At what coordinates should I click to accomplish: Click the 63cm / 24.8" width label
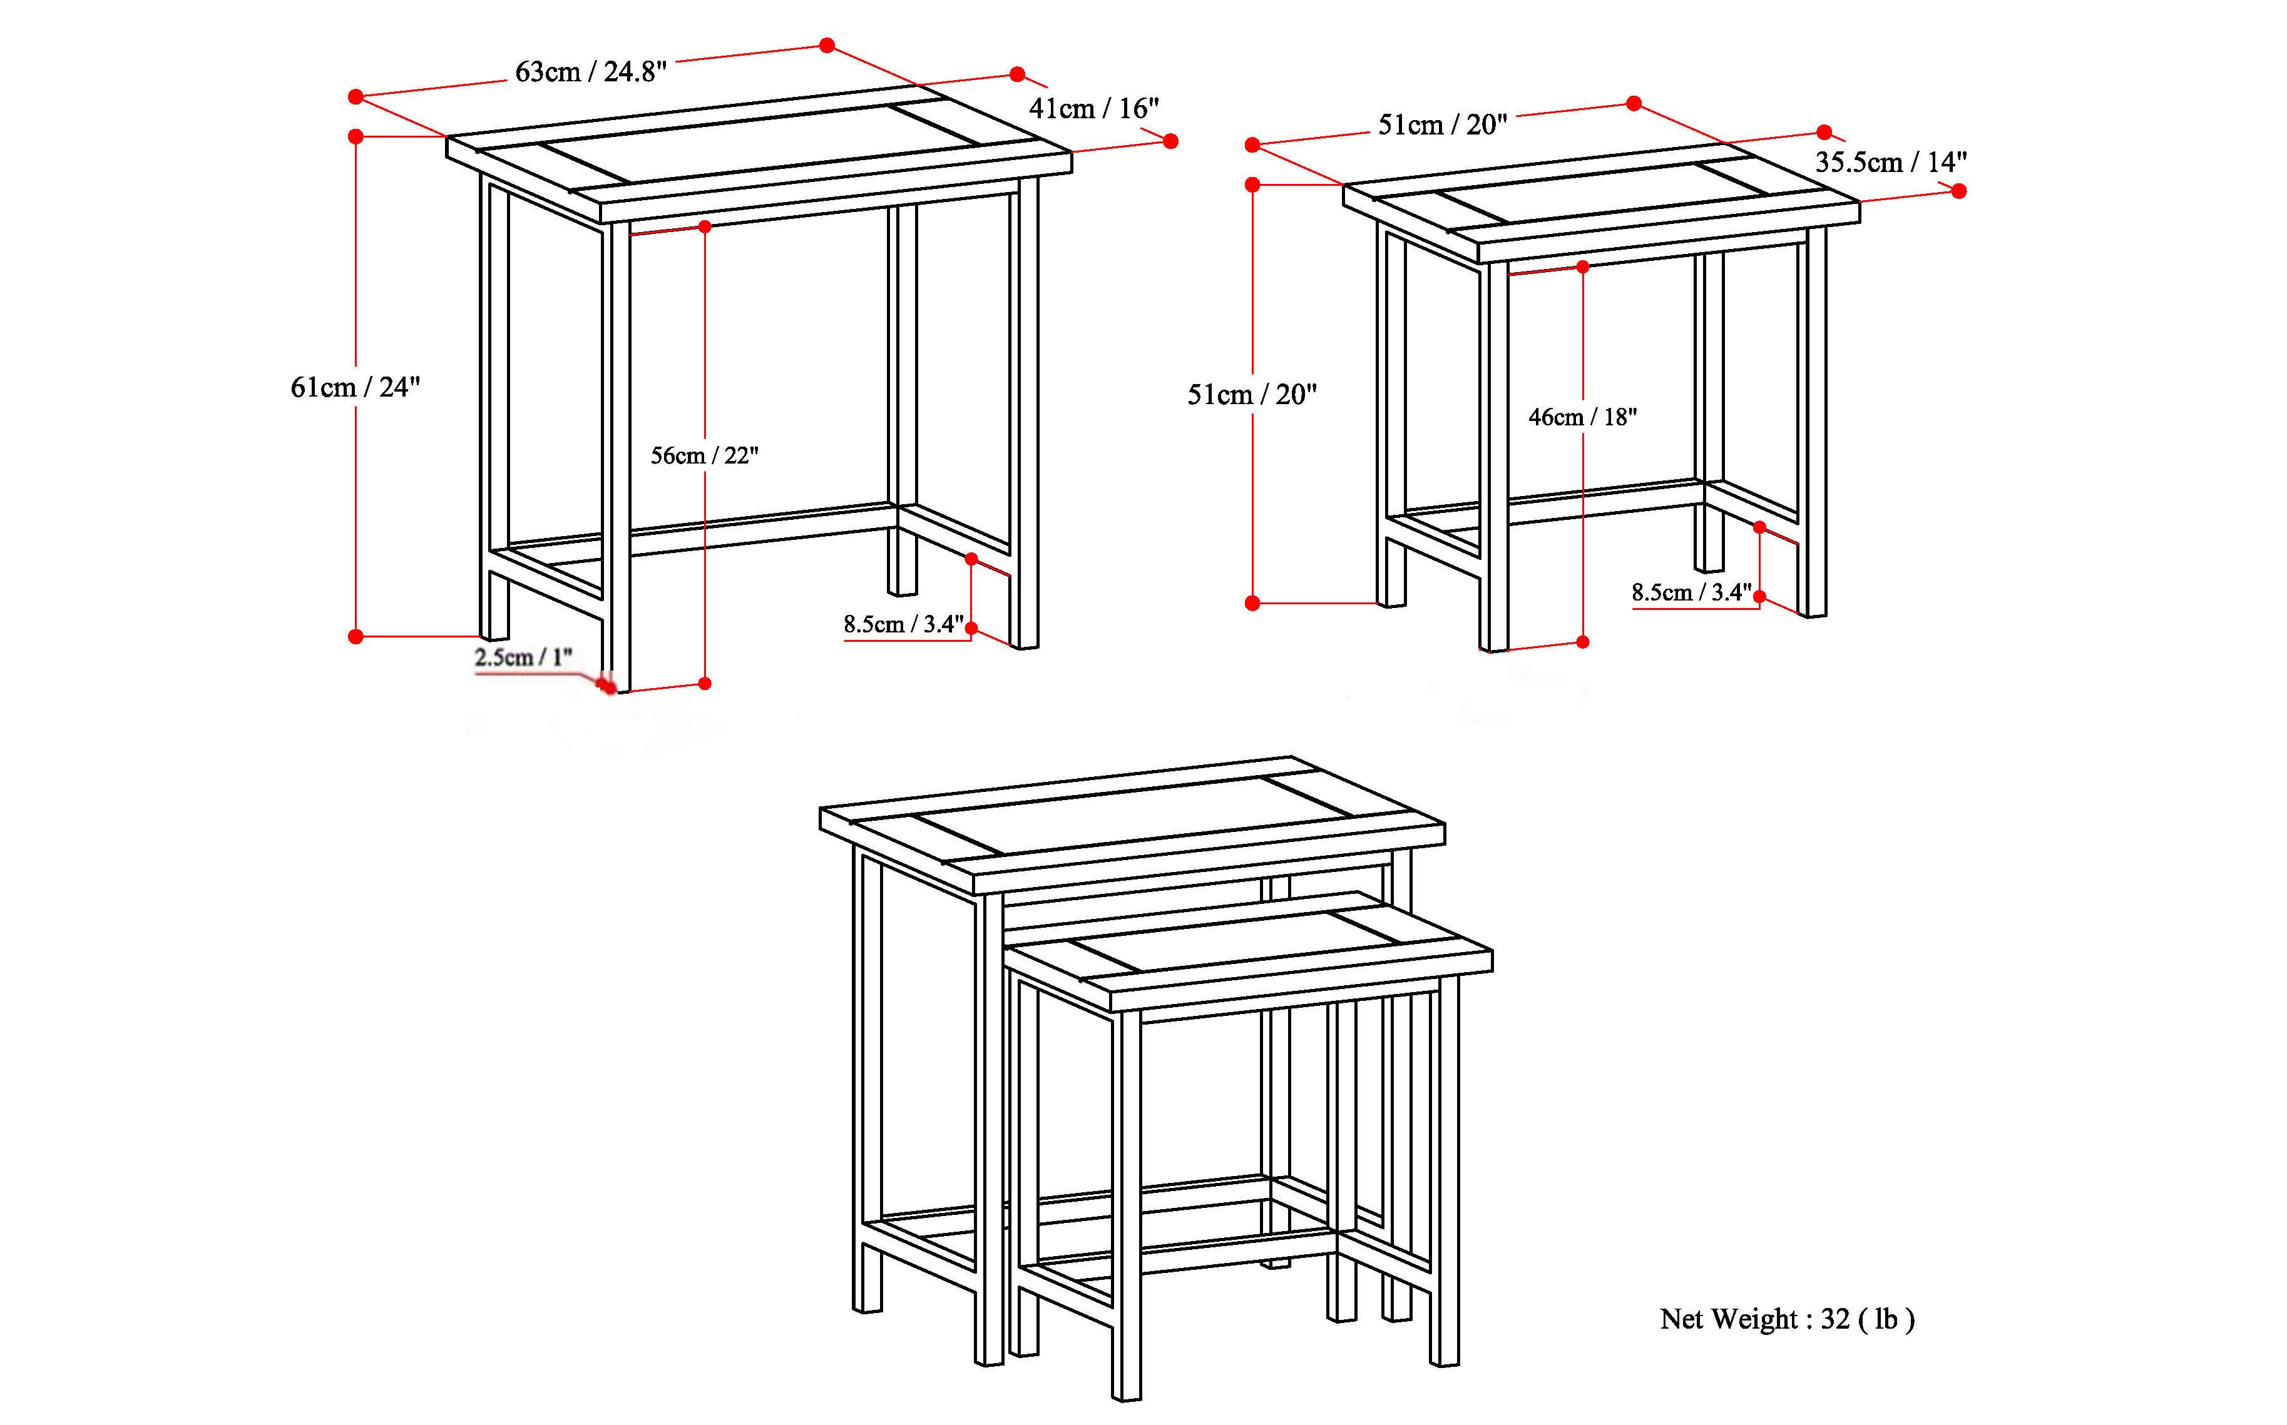click(x=591, y=72)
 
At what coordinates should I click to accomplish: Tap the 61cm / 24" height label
click(x=356, y=387)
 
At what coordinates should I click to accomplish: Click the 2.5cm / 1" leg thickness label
click(x=523, y=657)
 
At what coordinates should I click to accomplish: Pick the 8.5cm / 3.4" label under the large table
click(x=903, y=624)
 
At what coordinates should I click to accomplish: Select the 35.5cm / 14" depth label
click(x=1891, y=162)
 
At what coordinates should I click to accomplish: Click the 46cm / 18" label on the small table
click(x=1582, y=417)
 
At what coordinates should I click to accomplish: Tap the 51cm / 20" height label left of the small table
click(x=1252, y=395)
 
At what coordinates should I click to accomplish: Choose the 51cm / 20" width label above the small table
click(x=1442, y=124)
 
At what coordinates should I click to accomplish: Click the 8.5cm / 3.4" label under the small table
click(x=1691, y=593)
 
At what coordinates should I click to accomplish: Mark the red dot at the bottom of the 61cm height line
click(x=356, y=637)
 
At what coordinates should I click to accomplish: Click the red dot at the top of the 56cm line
click(x=705, y=226)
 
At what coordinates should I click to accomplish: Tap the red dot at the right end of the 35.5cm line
click(x=1959, y=191)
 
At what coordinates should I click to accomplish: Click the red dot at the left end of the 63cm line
click(x=356, y=97)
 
